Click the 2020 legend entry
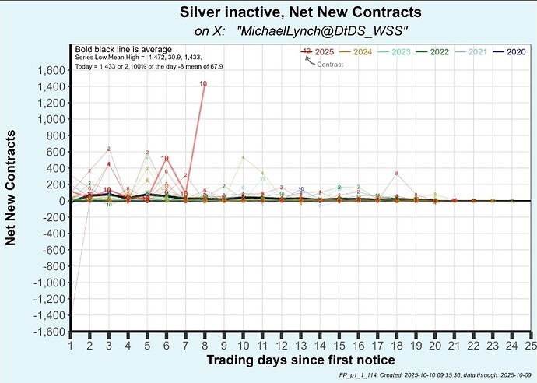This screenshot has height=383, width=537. pyautogui.click(x=515, y=51)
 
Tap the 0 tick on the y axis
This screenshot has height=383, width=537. pyautogui.click(x=61, y=201)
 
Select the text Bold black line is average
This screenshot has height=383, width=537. pyautogui.click(x=123, y=49)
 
